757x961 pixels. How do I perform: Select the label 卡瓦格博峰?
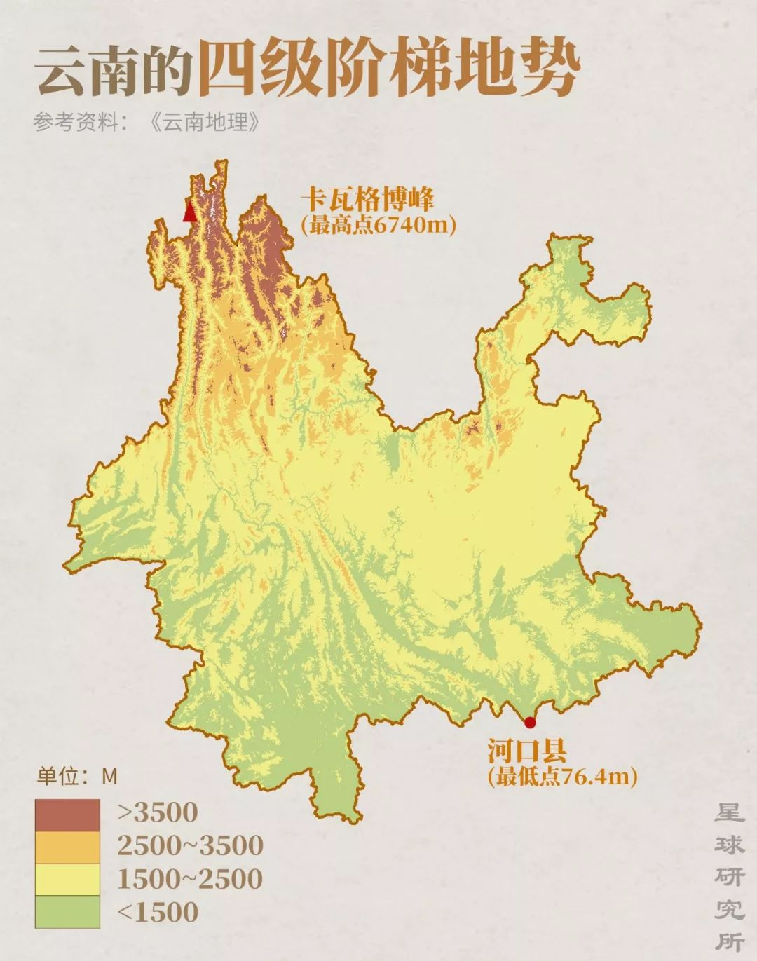[367, 200]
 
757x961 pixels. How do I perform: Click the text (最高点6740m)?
[378, 225]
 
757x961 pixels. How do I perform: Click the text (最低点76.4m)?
[562, 776]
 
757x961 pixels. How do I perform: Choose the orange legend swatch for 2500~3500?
[68, 847]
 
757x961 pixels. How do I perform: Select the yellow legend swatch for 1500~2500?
[68, 880]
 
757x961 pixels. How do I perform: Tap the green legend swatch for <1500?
[68, 911]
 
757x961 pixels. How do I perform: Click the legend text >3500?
[158, 812]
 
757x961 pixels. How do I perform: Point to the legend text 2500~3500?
[190, 845]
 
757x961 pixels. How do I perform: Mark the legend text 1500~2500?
[190, 878]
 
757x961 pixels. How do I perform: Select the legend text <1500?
[158, 911]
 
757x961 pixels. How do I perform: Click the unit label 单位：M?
[77, 777]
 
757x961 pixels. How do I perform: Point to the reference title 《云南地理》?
[205, 123]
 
